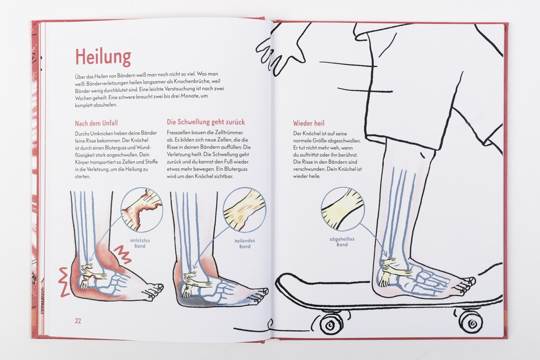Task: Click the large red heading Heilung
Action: tap(103, 57)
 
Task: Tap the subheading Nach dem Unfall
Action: tap(96, 123)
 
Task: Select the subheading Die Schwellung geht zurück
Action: tap(206, 122)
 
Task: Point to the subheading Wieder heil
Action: tap(308, 123)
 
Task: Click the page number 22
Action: tap(78, 321)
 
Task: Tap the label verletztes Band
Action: tap(140, 243)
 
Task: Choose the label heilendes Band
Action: tap(245, 243)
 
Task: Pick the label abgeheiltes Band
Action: tap(342, 242)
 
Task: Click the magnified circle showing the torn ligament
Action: tap(141, 209)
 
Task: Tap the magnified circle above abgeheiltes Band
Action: tap(343, 208)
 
